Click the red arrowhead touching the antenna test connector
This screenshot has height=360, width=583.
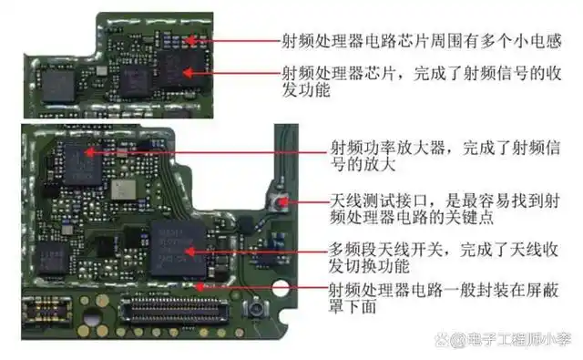283,201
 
